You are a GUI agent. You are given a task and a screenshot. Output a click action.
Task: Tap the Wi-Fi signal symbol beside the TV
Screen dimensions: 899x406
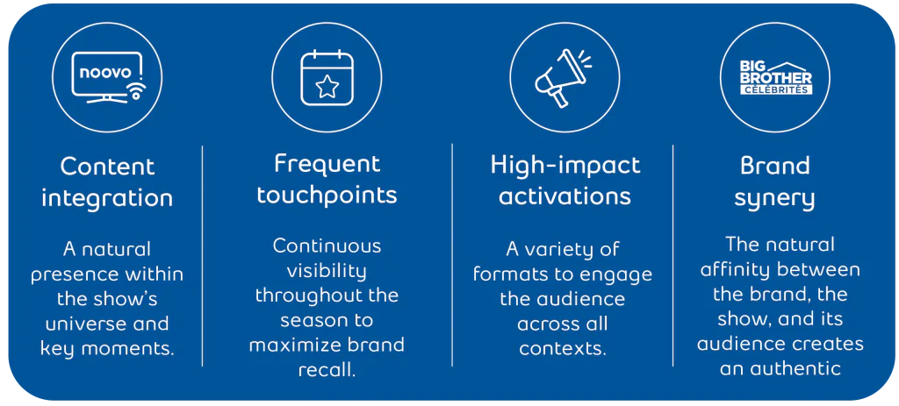pyautogui.click(x=134, y=90)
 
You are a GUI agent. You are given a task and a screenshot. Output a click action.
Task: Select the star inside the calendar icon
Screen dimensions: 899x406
pyautogui.click(x=327, y=87)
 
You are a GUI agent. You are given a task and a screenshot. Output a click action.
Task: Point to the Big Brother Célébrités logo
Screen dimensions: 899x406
pyautogui.click(x=775, y=78)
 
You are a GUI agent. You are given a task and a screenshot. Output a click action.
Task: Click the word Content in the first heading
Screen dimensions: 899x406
pyautogui.click(x=107, y=167)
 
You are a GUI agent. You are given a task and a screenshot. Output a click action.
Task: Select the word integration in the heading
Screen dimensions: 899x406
pyautogui.click(x=107, y=199)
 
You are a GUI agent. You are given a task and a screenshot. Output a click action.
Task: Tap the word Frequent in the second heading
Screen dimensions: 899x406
pyautogui.click(x=327, y=164)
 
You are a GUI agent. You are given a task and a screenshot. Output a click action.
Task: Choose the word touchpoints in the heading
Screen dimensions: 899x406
pyautogui.click(x=327, y=196)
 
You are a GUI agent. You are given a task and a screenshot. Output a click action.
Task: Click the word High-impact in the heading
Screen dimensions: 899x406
pyautogui.click(x=565, y=166)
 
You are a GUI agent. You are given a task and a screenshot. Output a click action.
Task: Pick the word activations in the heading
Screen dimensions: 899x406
pyautogui.click(x=565, y=196)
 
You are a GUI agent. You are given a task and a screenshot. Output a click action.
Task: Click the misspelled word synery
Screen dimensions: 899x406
pyautogui.click(x=774, y=199)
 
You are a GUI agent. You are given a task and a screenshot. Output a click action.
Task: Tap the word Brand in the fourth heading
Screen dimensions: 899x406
pyautogui.click(x=774, y=166)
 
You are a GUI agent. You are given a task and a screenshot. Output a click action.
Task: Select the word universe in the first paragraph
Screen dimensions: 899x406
pyautogui.click(x=83, y=324)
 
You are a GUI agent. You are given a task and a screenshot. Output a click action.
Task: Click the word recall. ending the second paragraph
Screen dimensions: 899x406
pyautogui.click(x=327, y=369)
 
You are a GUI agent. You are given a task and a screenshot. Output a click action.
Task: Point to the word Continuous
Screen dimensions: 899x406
pyautogui.click(x=327, y=246)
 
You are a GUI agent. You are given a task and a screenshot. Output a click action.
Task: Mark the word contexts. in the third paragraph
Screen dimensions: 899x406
pyautogui.click(x=562, y=349)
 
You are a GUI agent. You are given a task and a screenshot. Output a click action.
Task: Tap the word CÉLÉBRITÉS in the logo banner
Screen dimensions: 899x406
pyautogui.click(x=775, y=89)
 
